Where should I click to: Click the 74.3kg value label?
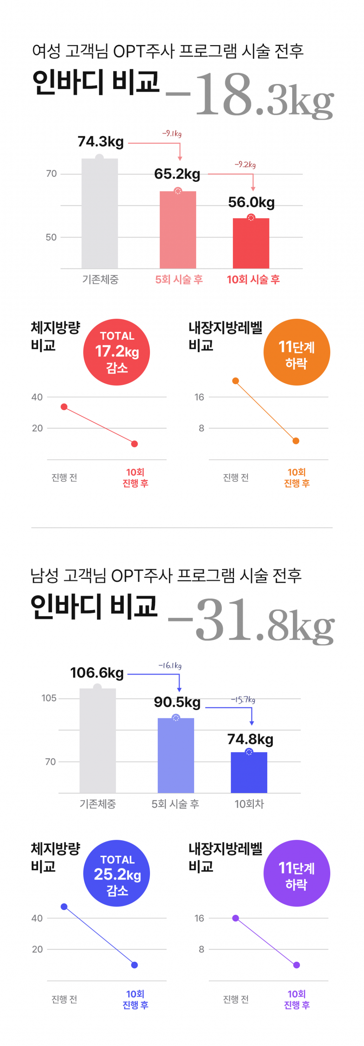point(101,142)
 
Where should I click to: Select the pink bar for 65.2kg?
point(178,229)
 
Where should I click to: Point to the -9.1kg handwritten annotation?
point(172,133)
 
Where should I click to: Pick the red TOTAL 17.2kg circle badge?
point(117,352)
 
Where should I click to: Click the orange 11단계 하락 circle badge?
point(296,352)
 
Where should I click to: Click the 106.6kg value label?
point(97,673)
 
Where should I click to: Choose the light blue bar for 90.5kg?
point(176,755)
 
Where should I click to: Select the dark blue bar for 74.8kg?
point(249,772)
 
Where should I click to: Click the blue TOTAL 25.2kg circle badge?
point(117,873)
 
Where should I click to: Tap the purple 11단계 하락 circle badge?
point(296,873)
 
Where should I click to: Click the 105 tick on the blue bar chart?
point(49,698)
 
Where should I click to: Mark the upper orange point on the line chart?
point(235,381)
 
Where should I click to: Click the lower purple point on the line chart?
point(296,965)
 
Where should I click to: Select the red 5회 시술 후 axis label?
point(179,279)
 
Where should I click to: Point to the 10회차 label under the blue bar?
point(249,804)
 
